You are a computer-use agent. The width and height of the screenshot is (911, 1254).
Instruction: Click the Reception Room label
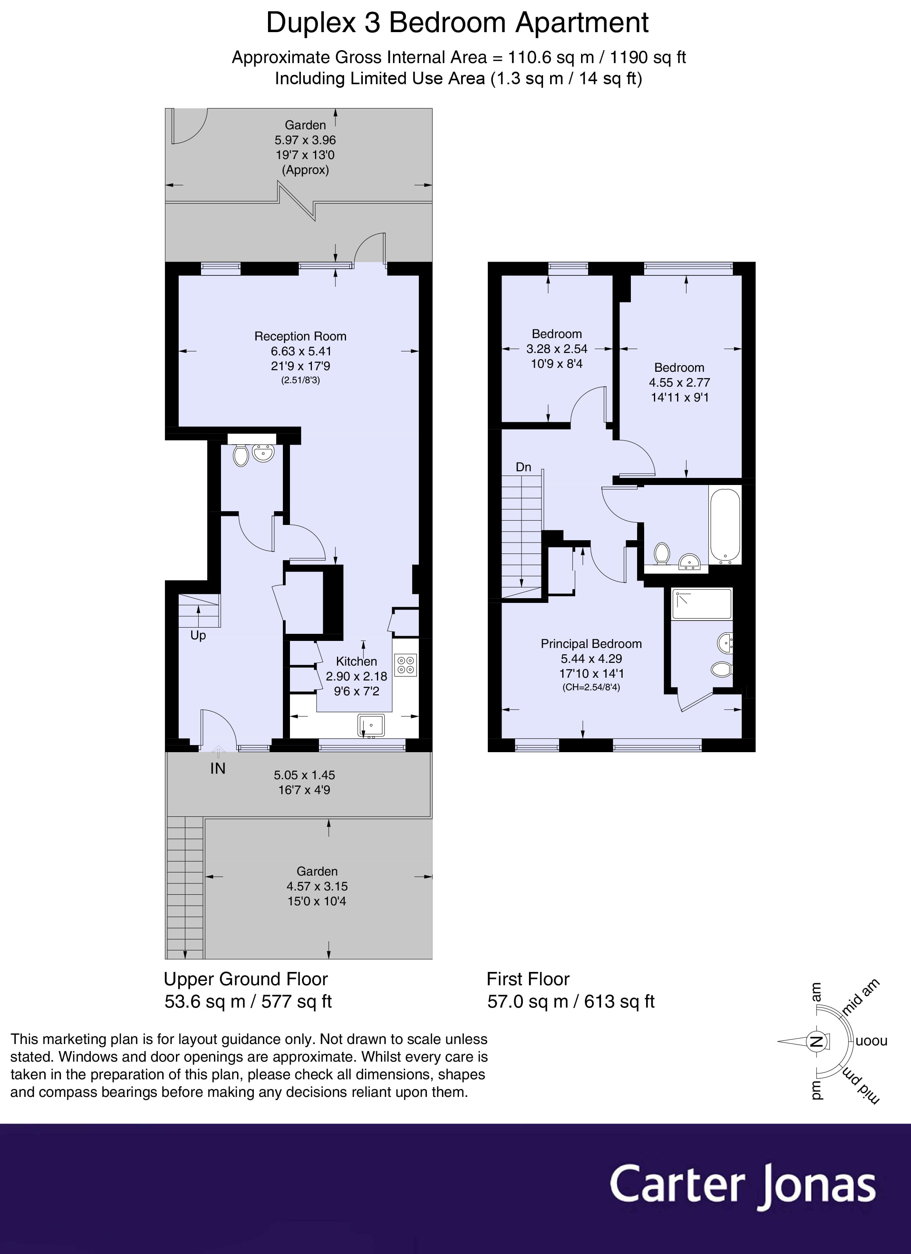point(301,336)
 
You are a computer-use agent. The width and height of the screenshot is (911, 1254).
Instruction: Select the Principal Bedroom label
point(591,644)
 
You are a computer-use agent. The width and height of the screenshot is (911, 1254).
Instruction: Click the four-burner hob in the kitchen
point(406,665)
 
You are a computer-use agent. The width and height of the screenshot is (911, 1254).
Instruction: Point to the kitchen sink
point(371,726)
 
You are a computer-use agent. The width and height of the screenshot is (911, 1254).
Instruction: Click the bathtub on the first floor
point(724,525)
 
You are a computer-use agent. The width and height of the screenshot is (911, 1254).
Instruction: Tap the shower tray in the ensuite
point(701,603)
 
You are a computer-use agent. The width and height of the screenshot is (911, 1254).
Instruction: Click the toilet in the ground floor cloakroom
point(241,456)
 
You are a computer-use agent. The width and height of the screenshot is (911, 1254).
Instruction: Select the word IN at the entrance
point(218,769)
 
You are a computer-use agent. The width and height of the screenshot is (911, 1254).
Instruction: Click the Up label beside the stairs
point(198,635)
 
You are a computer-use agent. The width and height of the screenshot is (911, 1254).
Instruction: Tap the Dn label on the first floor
point(523,467)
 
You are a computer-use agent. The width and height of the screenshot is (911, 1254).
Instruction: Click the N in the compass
point(816,1042)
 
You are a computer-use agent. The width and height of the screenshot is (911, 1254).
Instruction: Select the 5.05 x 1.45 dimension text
point(304,775)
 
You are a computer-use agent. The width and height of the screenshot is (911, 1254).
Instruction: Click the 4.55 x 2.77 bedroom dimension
point(679,382)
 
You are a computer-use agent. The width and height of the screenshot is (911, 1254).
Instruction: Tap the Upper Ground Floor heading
point(246,979)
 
